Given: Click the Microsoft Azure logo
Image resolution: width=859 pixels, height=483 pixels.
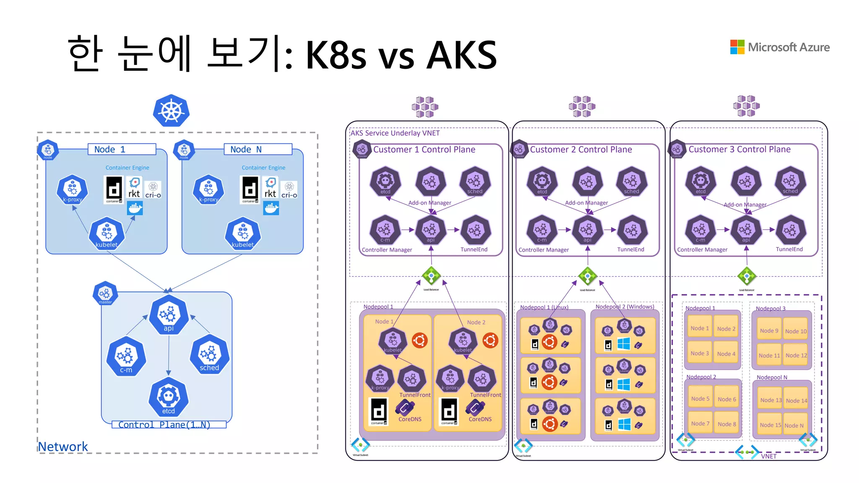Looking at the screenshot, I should (x=780, y=47).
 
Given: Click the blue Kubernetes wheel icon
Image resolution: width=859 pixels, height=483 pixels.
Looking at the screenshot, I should (x=171, y=111).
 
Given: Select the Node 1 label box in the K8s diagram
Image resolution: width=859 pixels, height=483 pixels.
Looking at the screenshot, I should (x=122, y=149).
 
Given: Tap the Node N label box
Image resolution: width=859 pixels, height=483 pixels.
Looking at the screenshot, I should (x=258, y=149).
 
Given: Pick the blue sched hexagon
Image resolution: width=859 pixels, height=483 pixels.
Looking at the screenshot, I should (x=209, y=355).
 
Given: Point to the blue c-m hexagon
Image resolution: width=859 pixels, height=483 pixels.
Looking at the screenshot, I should (x=126, y=357).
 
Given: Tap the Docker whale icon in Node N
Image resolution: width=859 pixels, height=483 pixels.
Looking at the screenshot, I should (x=271, y=208).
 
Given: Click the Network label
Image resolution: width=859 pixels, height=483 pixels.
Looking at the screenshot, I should (x=63, y=447).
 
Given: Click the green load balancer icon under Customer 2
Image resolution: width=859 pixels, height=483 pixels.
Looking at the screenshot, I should (x=587, y=276).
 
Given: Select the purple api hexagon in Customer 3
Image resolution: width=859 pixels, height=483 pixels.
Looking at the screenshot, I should (x=746, y=230).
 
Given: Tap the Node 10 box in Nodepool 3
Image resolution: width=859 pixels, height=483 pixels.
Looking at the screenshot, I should (x=796, y=331).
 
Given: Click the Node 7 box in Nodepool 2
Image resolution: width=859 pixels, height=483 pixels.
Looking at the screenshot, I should (x=700, y=423).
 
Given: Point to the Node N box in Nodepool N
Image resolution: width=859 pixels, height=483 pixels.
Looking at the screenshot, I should (x=794, y=426).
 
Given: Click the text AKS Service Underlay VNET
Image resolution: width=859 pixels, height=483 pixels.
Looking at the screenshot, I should (x=395, y=133).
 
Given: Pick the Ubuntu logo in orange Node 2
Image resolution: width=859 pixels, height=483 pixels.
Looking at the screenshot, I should (x=490, y=340).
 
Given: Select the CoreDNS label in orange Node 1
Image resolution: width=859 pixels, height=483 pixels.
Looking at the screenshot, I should (x=410, y=419).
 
